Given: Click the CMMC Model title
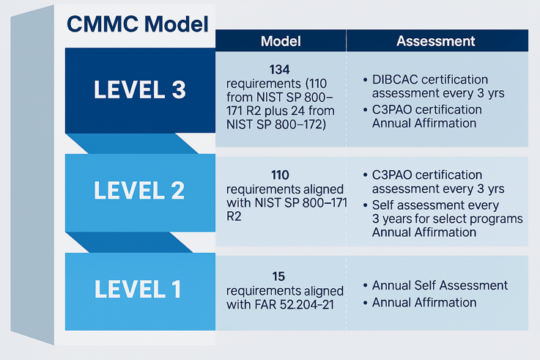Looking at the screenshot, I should pyautogui.click(x=137, y=23).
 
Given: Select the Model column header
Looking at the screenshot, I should pyautogui.click(x=280, y=41).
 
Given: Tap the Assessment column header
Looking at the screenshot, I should pyautogui.click(x=435, y=41).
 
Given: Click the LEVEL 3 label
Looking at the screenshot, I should pyautogui.click(x=139, y=89).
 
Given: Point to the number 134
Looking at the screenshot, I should pyautogui.click(x=280, y=70).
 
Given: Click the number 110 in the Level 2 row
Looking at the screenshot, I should pyautogui.click(x=280, y=176).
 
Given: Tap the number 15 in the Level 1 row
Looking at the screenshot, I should pyautogui.click(x=280, y=276).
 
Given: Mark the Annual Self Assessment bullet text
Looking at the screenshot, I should pyautogui.click(x=440, y=285).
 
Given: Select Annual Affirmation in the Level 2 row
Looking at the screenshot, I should pyautogui.click(x=424, y=232).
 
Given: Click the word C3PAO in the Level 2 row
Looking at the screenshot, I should pyautogui.click(x=393, y=175).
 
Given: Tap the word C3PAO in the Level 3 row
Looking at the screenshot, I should pyautogui.click(x=393, y=109).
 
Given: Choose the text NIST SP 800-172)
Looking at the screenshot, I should pyautogui.click(x=275, y=124).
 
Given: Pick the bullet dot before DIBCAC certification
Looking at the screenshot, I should pyautogui.click(x=365, y=79).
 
